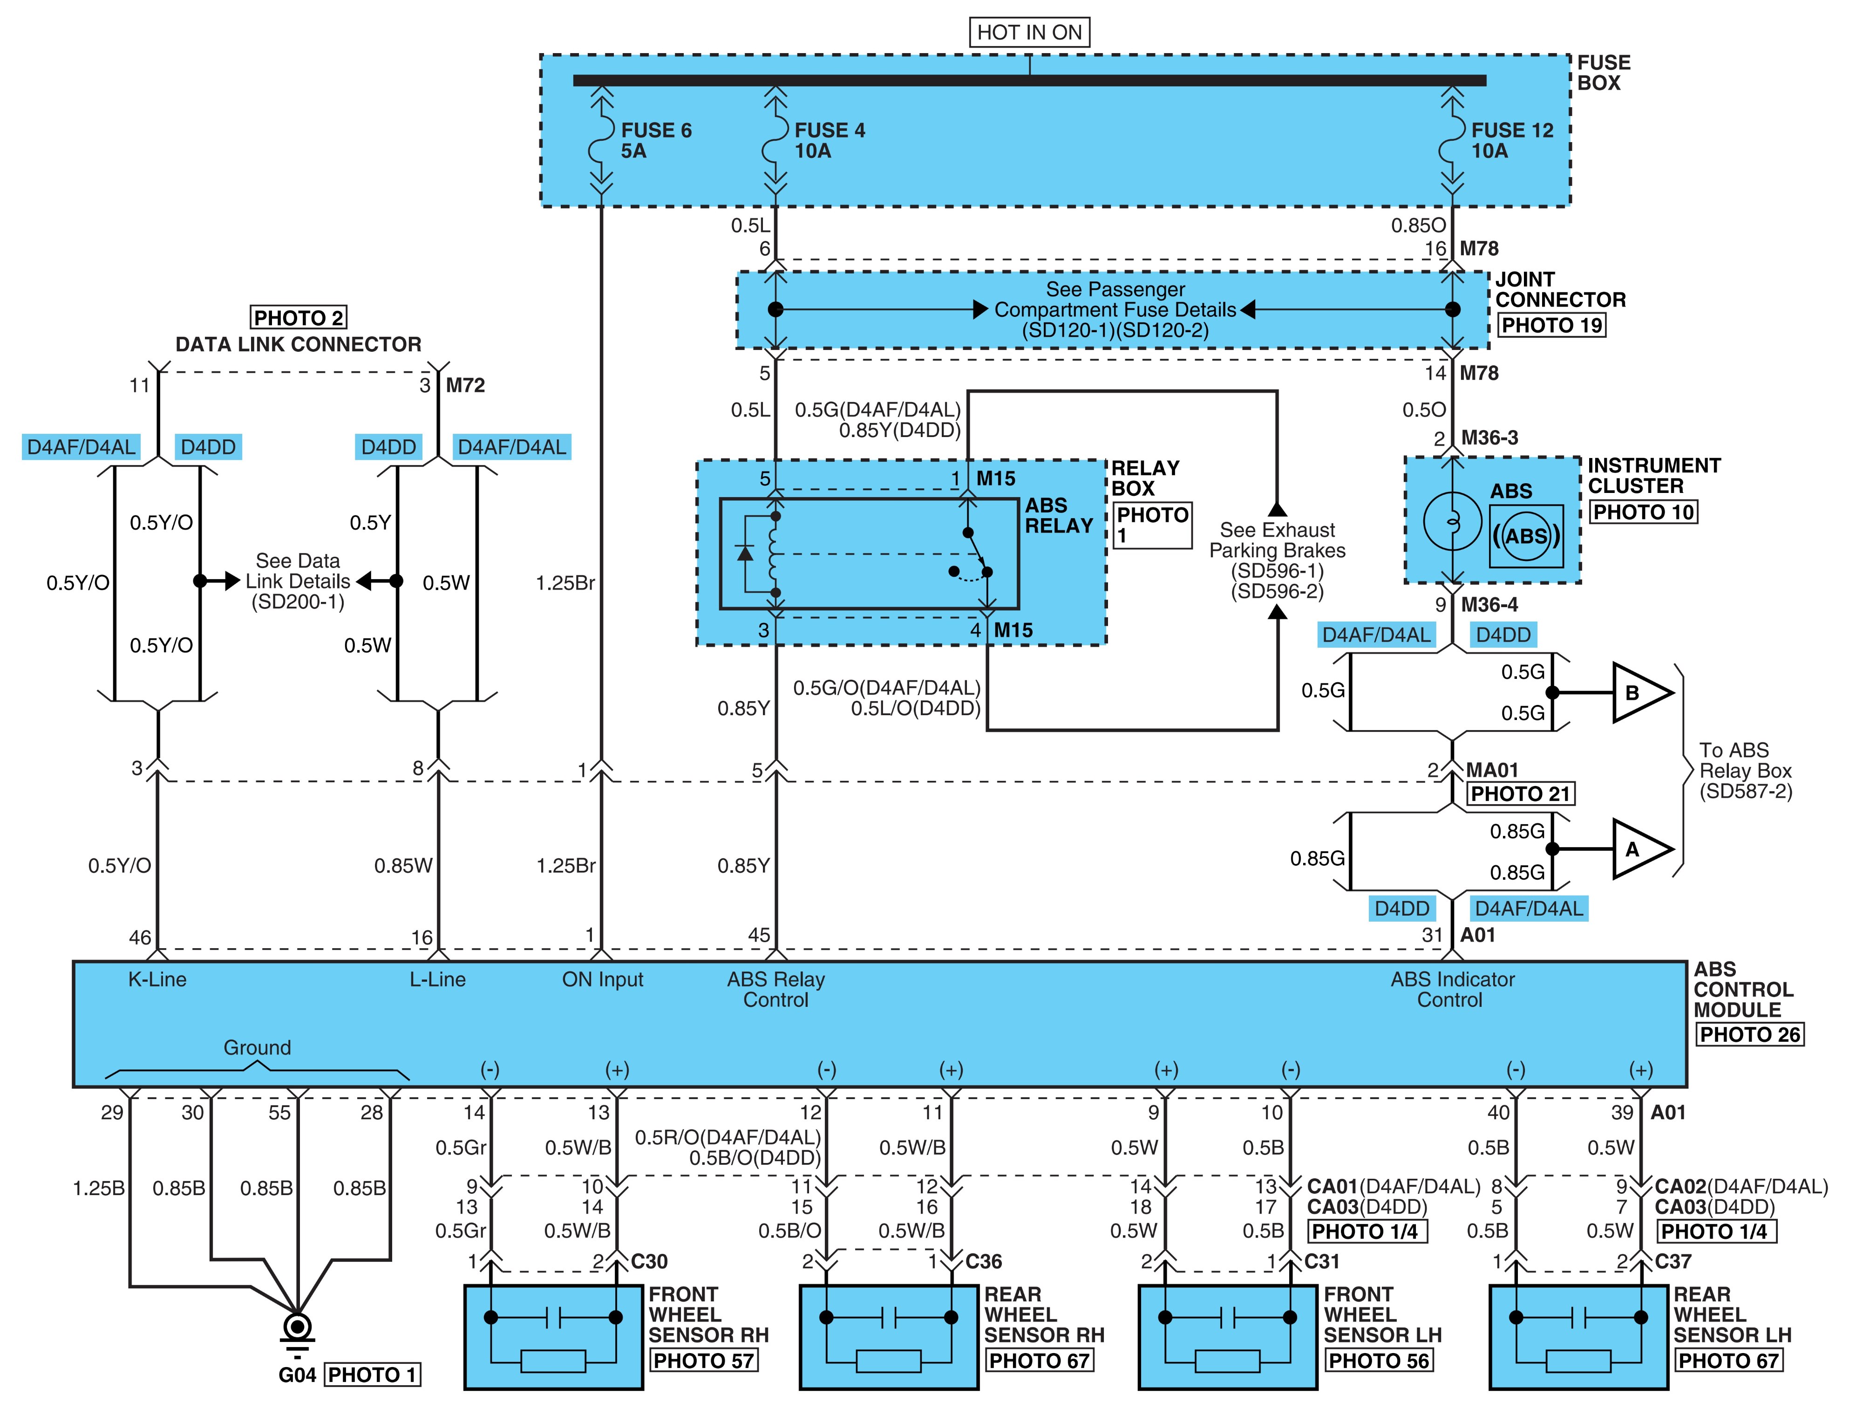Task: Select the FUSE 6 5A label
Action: pos(656,141)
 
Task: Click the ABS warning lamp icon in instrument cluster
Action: pos(1526,536)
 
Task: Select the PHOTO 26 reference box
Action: pos(1749,1035)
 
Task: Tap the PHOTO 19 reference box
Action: pos(1551,325)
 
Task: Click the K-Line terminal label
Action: pos(157,979)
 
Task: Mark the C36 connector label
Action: pos(984,1261)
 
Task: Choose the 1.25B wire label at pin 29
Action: pos(99,1188)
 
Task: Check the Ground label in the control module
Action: pos(257,1047)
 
